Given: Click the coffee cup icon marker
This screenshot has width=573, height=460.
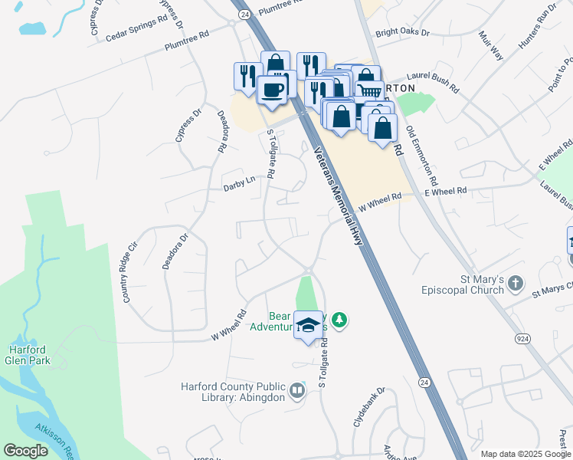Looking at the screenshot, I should pyautogui.click(x=272, y=90).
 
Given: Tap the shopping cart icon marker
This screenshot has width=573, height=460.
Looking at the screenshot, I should pyautogui.click(x=370, y=91).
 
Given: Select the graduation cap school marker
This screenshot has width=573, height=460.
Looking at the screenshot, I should pyautogui.click(x=309, y=326).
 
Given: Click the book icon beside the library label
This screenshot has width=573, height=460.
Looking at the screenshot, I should pyautogui.click(x=296, y=392).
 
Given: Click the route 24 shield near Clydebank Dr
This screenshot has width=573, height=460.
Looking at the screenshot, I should pyautogui.click(x=424, y=381).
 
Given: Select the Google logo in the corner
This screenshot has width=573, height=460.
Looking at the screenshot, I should pyautogui.click(x=26, y=451).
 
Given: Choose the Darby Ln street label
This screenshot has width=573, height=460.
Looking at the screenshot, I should pyautogui.click(x=238, y=185).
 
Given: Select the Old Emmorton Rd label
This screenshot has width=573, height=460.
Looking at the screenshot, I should pyautogui.click(x=421, y=158).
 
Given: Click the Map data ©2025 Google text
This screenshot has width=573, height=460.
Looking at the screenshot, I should pyautogui.click(x=525, y=454).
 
